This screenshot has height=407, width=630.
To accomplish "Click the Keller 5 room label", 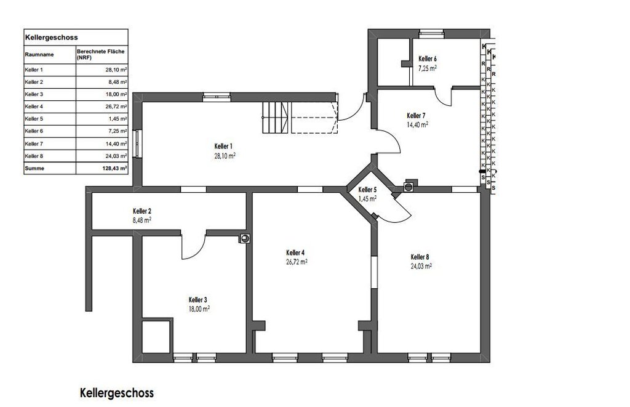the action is pos(367,190).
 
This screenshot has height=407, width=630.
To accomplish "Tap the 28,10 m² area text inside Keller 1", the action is pos(225,156).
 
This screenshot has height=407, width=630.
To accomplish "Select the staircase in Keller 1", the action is pos(276,118).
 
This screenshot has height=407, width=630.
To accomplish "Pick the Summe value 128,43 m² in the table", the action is pos(115,168).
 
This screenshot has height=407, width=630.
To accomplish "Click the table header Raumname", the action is pos(39,54).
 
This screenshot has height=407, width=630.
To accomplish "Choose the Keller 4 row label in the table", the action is pos(34,107).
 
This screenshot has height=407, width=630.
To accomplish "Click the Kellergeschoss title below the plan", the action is pos(117,392).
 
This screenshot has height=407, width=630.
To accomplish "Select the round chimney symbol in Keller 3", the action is pos(245,238).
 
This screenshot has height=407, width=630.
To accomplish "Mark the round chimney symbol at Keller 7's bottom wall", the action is pos(409,186).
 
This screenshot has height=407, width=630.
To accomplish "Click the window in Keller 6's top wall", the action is pos(431,34).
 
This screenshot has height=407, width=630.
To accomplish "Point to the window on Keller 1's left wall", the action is pos(137,143).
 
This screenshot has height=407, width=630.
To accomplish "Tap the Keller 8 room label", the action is pos(420,257).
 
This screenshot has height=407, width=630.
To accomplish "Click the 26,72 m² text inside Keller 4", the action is pos(297,262).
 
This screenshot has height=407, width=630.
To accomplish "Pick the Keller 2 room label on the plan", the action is pos(142,211).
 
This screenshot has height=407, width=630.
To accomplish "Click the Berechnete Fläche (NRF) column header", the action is pos(100,54).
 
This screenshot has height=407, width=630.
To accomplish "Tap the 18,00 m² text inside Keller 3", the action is pos(199,309).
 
